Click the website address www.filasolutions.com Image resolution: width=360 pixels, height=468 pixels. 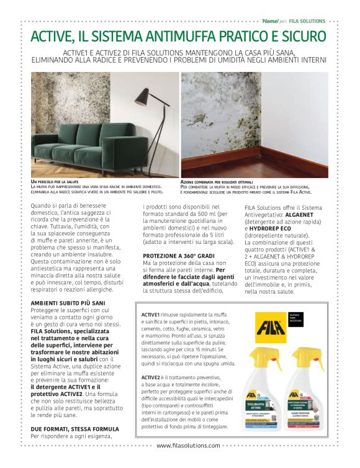188,462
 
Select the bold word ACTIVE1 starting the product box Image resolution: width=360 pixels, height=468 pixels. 151,315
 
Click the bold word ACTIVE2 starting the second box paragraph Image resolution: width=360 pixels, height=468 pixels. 151,377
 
